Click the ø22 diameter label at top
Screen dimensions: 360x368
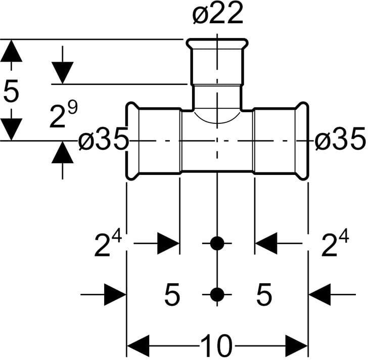pyautogui.click(x=217, y=15)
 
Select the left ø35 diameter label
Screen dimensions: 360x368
pyautogui.click(x=104, y=141)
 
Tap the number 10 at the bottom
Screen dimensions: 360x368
pyautogui.click(x=216, y=347)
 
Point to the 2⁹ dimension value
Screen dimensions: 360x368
pyautogui.click(x=63, y=116)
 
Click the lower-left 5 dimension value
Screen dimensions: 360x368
pyautogui.click(x=172, y=294)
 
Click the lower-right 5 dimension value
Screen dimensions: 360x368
pyautogui.click(x=263, y=294)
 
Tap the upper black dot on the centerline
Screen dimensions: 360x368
pyautogui.click(x=217, y=244)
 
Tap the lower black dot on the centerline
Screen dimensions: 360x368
pyautogui.click(x=217, y=294)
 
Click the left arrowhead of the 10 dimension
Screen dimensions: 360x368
pyautogui.click(x=136, y=347)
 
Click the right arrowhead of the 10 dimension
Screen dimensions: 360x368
pyautogui.click(x=297, y=347)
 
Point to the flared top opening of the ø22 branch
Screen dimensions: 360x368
pyautogui.click(x=217, y=44)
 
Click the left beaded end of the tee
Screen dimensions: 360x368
pyautogui.click(x=132, y=141)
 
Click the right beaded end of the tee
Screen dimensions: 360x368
pyautogui.click(x=302, y=141)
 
